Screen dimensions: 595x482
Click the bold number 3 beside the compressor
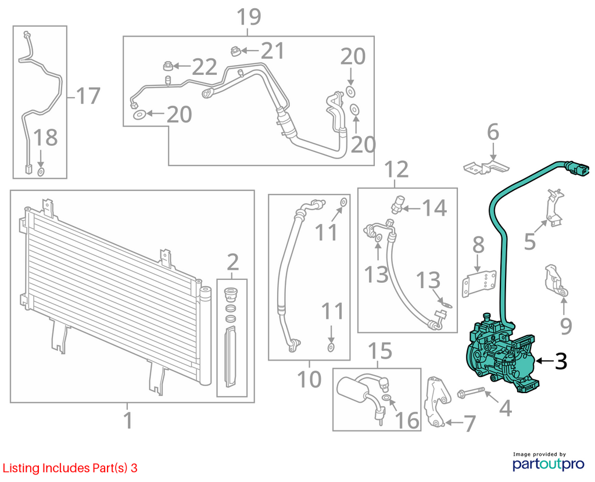(x=561, y=361)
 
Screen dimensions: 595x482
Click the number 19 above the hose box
(x=249, y=17)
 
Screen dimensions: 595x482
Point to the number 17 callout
(x=88, y=96)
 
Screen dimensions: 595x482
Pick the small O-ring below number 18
(x=41, y=172)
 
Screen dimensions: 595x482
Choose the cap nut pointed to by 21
(x=235, y=51)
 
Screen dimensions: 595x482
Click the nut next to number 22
(x=167, y=66)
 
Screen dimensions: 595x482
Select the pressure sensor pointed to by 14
(x=396, y=204)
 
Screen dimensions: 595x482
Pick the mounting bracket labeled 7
(x=436, y=402)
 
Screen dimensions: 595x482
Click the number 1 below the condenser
(x=128, y=420)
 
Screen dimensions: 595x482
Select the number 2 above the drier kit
(x=232, y=262)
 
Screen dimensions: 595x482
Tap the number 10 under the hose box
(x=309, y=379)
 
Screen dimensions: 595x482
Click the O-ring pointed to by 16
(x=386, y=397)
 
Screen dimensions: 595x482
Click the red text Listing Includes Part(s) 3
(x=70, y=468)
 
